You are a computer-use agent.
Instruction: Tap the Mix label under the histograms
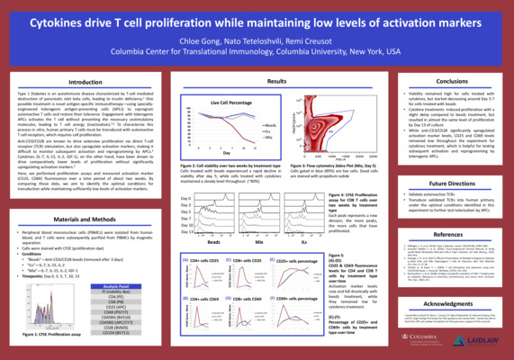[258, 243]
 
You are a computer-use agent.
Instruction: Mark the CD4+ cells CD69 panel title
[204, 297]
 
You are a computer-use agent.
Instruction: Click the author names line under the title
[257, 40]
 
